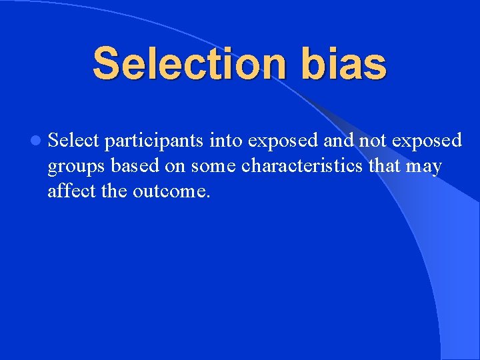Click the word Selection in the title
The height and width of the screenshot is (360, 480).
tap(181, 64)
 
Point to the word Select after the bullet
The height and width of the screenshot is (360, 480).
tap(73, 140)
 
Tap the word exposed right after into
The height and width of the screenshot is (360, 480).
tap(285, 141)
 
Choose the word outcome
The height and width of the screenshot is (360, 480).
tap(171, 191)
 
